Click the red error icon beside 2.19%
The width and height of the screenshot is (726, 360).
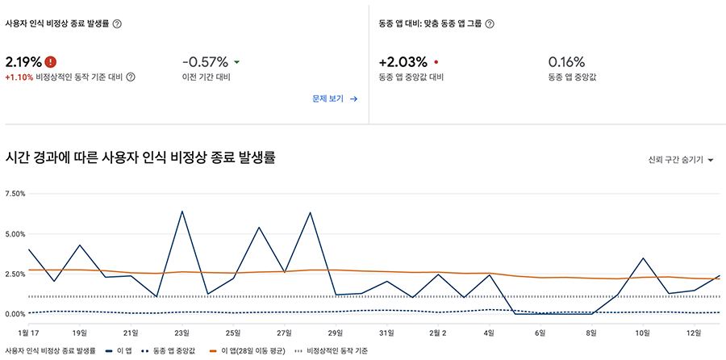[x=51, y=61]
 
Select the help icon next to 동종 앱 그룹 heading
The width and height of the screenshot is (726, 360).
[x=490, y=23]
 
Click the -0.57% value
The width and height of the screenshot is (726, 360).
[x=205, y=61]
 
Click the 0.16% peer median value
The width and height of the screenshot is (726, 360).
[x=566, y=61]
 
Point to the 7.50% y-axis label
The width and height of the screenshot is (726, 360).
[x=15, y=195]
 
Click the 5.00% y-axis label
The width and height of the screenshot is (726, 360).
[x=15, y=234]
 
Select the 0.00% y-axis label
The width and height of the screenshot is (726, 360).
[x=15, y=314]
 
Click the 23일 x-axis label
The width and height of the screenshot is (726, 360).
[x=181, y=331]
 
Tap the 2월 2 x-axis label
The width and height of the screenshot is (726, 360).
[x=438, y=331]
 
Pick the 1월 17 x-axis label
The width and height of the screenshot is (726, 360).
[x=28, y=331]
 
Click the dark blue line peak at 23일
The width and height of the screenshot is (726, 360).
[x=182, y=211]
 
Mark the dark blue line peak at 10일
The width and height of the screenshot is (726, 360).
[x=643, y=258]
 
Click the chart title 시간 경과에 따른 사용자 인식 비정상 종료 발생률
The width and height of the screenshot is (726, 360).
[x=141, y=157]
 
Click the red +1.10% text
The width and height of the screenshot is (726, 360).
[x=18, y=77]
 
